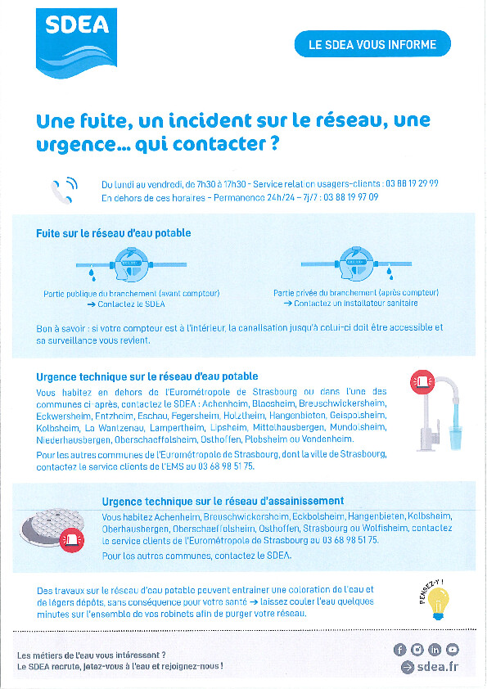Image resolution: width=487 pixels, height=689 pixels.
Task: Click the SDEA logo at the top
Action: (76, 43)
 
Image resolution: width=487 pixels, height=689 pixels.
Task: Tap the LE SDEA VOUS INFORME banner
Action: (372, 44)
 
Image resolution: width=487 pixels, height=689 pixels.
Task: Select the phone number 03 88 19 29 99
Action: (412, 183)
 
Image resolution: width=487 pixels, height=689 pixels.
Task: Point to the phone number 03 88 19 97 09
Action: (351, 197)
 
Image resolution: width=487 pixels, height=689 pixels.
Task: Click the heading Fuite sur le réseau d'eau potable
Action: (114, 233)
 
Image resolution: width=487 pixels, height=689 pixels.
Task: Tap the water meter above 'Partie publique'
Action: (132, 264)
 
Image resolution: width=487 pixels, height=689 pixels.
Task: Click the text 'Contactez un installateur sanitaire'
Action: (355, 304)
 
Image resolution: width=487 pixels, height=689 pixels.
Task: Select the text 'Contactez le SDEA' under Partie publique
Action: (131, 304)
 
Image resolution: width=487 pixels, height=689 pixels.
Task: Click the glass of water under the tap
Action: (454, 436)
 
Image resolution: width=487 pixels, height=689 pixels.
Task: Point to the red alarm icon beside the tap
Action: (422, 381)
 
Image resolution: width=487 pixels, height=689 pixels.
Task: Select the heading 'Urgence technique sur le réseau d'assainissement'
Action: (223, 501)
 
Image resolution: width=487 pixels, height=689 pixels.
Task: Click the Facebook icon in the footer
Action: (399, 650)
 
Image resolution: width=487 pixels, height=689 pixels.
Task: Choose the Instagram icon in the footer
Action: (417, 650)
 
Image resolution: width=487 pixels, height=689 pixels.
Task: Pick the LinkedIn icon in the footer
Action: (435, 650)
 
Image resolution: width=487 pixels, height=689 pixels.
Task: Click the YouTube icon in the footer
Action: (453, 650)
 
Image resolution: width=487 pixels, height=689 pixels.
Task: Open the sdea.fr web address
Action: (437, 667)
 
